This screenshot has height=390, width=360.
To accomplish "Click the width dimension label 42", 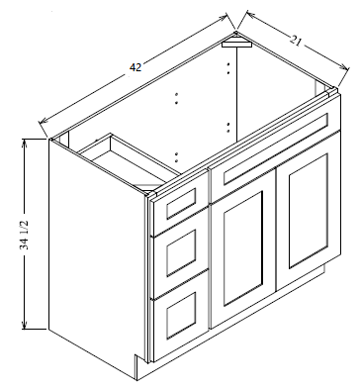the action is [x=135, y=67].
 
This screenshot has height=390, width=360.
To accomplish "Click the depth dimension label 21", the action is [x=296, y=41].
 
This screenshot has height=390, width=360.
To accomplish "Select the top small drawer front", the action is [x=181, y=203].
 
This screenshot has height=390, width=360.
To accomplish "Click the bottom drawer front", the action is [x=181, y=315].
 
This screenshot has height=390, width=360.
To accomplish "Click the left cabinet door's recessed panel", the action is [x=243, y=248].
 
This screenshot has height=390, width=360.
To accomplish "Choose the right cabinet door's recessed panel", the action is [x=309, y=211].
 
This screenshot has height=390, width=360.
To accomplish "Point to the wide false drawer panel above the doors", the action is [x=276, y=148].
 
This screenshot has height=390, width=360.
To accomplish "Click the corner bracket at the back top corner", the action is [x=236, y=42].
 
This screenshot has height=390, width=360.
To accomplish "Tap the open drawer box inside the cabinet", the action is [x=129, y=161].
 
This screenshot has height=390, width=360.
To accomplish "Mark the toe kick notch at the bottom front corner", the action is [x=140, y=366].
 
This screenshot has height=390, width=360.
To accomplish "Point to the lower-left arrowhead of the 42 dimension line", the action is [x=44, y=121].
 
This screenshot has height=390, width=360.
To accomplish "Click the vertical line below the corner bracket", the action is [x=237, y=94].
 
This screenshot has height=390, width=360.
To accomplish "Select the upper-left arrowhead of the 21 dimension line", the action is [x=251, y=15].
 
